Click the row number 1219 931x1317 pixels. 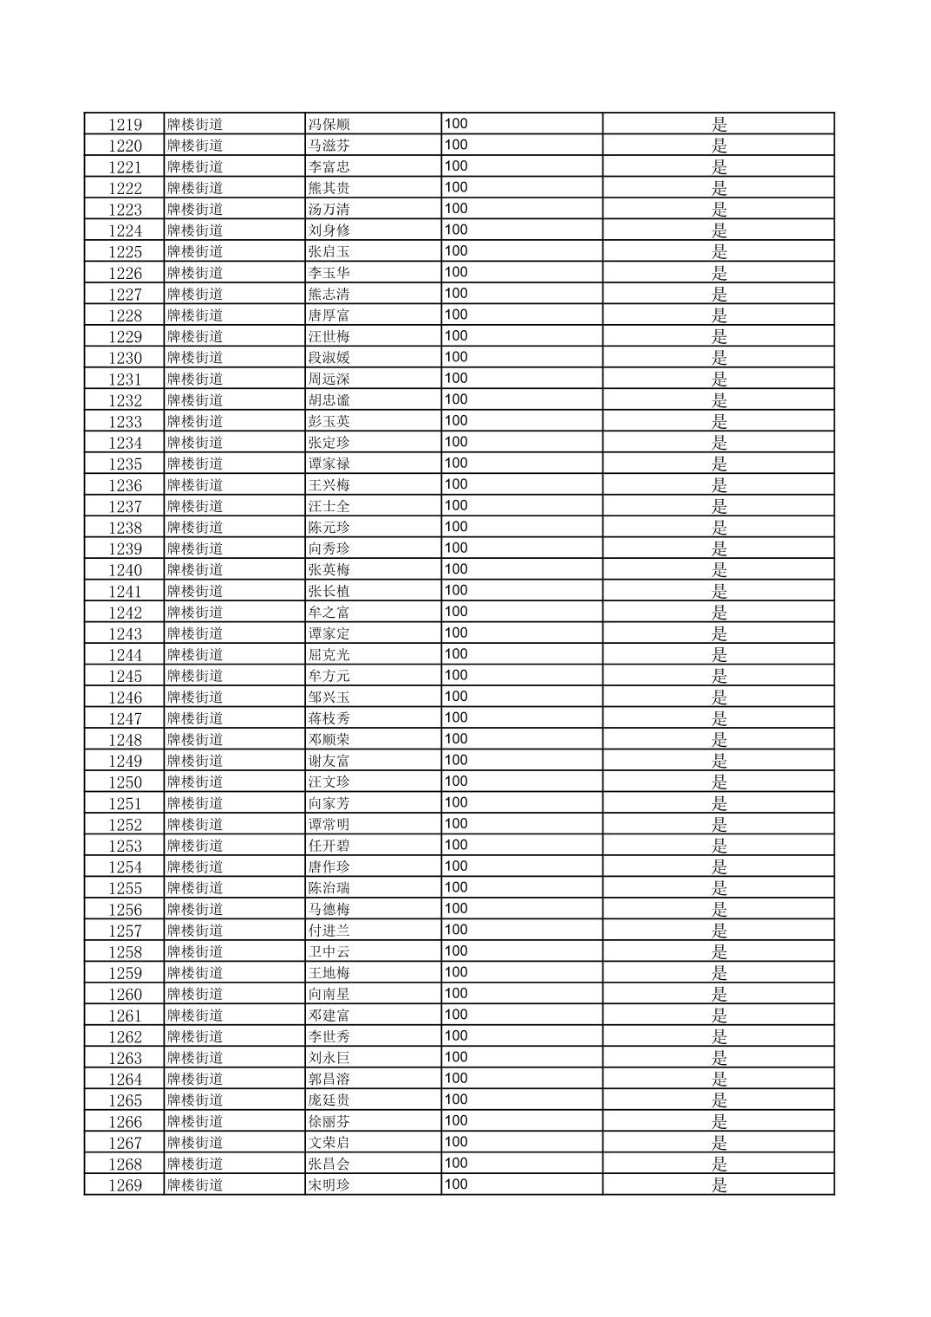pos(125,124)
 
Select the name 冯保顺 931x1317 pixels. pos(329,124)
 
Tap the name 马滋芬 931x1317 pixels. pos(329,146)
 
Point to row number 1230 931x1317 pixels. pos(125,358)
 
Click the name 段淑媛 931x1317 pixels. pos(329,358)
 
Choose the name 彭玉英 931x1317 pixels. pos(329,421)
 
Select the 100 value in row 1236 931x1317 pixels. pos(456,484)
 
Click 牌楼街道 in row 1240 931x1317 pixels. pos(195,569)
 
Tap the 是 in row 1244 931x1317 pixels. pos(719,654)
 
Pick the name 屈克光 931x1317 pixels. pos(329,654)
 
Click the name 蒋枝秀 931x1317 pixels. pos(329,718)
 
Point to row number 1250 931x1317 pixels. pos(125,782)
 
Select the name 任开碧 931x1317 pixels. pos(329,846)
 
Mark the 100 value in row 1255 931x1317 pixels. pos(456,887)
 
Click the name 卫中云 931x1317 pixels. pos(329,951)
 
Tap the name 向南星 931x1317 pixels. pos(329,994)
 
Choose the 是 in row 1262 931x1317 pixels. pos(719,1036)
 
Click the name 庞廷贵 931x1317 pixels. pos(329,1100)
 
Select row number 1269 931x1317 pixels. pos(125,1185)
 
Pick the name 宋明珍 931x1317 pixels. pos(329,1185)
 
